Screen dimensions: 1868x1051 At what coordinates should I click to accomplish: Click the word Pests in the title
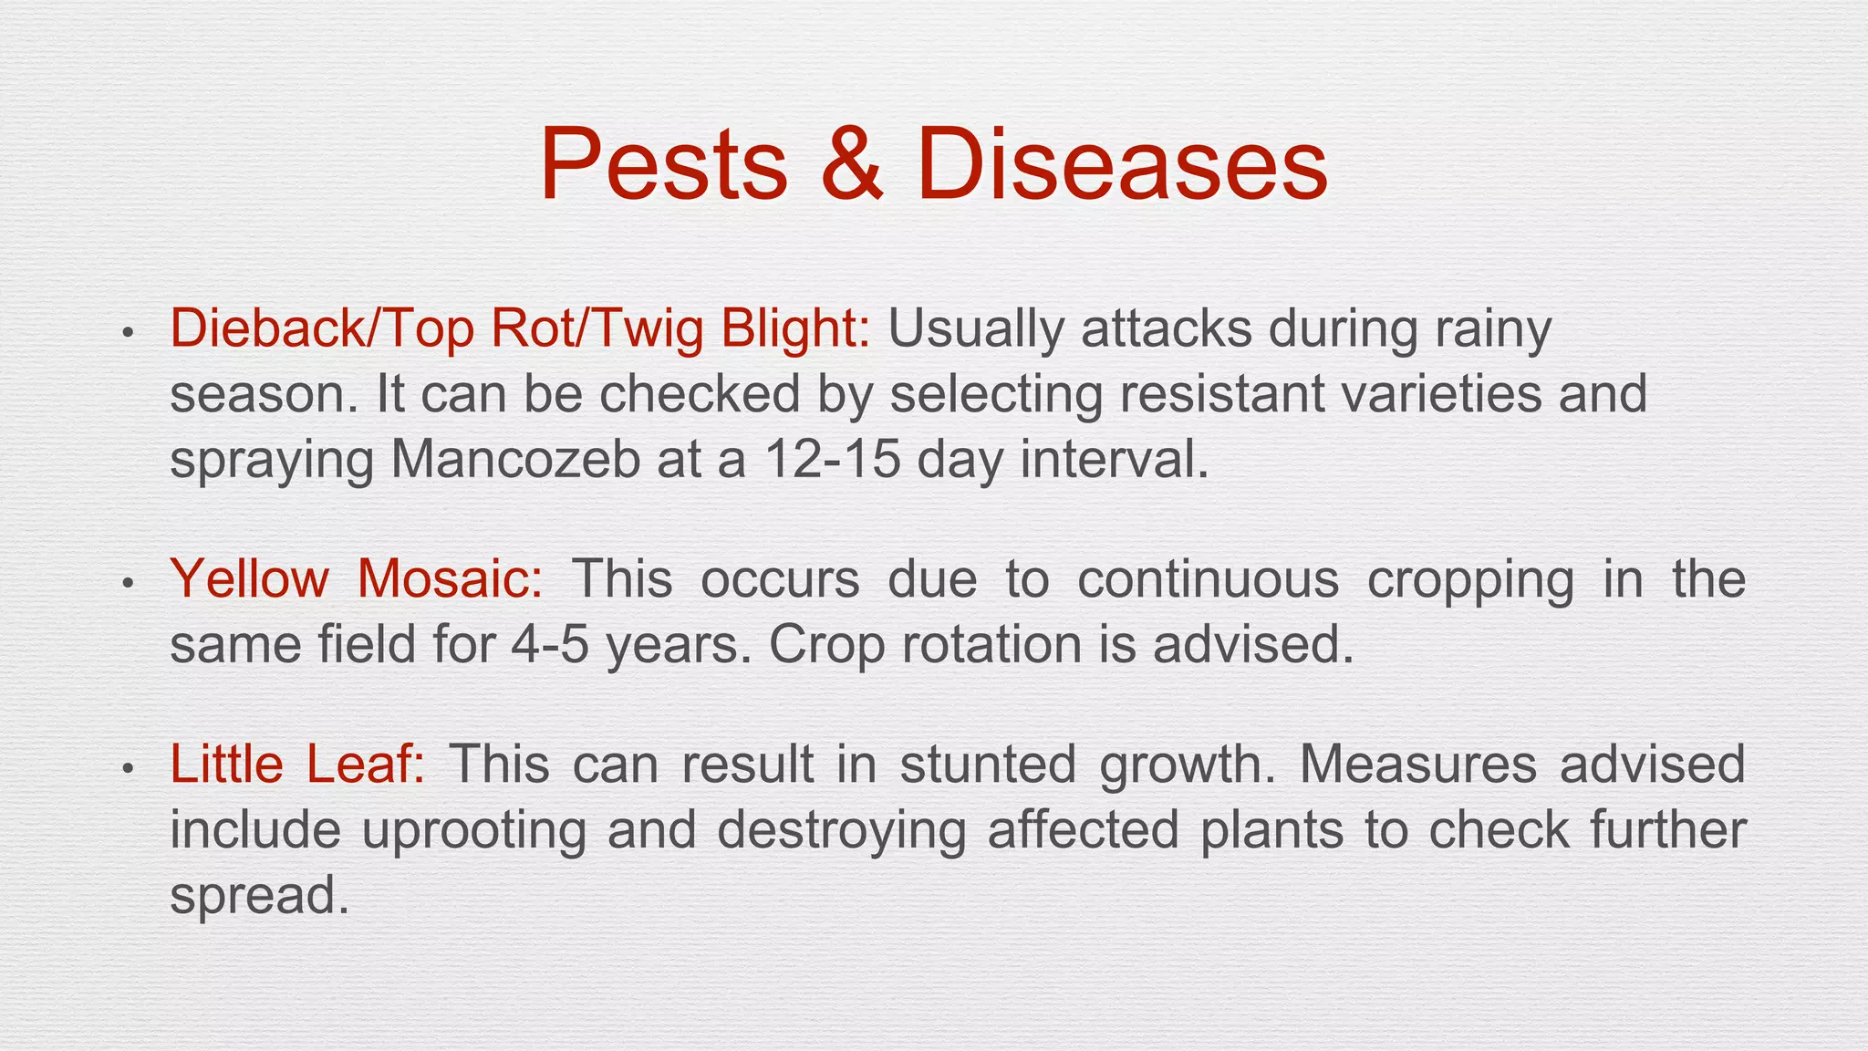click(x=663, y=164)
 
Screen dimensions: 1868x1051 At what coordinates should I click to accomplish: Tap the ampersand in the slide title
click(x=851, y=164)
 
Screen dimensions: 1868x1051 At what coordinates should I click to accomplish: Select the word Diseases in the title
click(x=1122, y=164)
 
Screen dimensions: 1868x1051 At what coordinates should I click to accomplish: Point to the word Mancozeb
click(x=515, y=459)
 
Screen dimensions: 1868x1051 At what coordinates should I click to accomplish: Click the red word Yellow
click(x=249, y=578)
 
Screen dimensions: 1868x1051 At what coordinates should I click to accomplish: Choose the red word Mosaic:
click(x=451, y=578)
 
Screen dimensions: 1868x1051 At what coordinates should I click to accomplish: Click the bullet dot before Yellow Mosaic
click(x=129, y=582)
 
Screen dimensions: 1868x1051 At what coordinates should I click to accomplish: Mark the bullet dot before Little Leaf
click(x=129, y=767)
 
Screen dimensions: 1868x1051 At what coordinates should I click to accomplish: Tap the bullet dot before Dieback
click(x=129, y=332)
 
